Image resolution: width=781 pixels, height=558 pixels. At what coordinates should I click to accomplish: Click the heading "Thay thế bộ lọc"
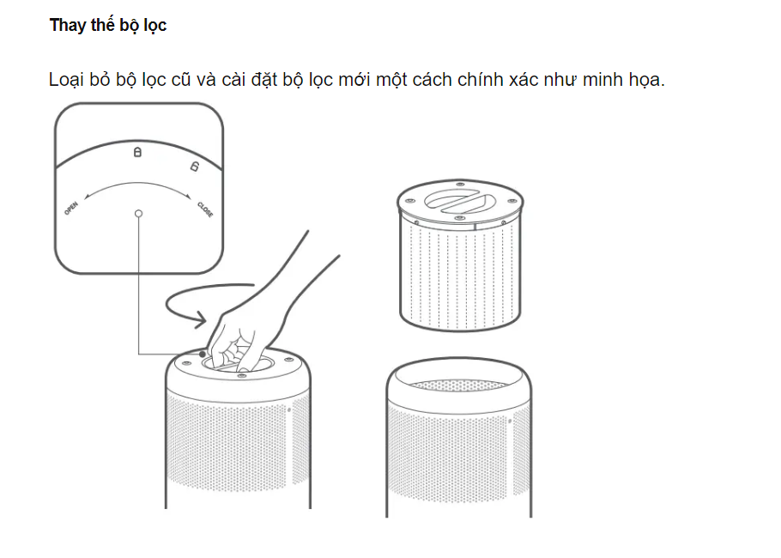tap(108, 25)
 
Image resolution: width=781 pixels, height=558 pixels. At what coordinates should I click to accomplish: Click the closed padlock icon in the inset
tap(137, 152)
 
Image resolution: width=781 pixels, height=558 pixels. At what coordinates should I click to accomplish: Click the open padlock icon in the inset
tap(194, 167)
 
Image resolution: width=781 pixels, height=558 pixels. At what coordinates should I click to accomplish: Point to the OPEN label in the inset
tap(70, 209)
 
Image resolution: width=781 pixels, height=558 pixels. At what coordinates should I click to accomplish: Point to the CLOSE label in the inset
tap(205, 209)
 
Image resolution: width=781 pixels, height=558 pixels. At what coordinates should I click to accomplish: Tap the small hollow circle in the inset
tap(138, 214)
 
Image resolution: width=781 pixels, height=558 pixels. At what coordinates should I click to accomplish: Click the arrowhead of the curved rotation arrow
tap(201, 319)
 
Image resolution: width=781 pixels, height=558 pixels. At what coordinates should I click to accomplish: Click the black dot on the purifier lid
tap(203, 354)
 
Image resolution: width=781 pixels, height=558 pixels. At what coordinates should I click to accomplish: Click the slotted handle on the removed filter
tap(459, 200)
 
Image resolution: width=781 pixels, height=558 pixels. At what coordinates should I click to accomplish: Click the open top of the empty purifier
tap(459, 377)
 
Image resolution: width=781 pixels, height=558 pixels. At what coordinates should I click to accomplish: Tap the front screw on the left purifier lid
tap(241, 375)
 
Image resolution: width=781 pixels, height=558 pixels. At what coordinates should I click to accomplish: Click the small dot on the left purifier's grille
tap(289, 410)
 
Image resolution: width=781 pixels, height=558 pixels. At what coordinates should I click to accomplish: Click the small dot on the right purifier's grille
tap(510, 421)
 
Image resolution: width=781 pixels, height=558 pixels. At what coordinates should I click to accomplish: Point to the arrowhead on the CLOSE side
tap(188, 196)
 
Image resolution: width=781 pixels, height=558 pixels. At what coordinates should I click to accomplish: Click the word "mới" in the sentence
tap(354, 80)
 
